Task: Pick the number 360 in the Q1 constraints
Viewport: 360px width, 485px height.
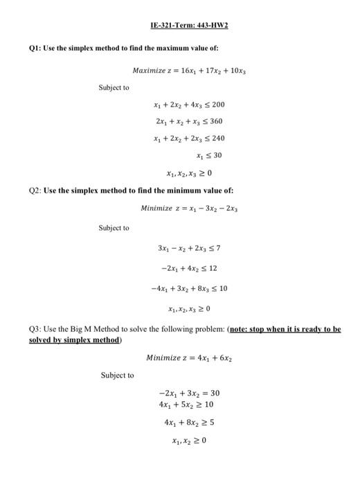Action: [216, 122]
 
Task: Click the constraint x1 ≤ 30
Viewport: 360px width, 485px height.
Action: [208, 155]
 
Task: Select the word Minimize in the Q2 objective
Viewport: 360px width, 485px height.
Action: [157, 208]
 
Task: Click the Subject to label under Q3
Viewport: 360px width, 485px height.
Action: [117, 375]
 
